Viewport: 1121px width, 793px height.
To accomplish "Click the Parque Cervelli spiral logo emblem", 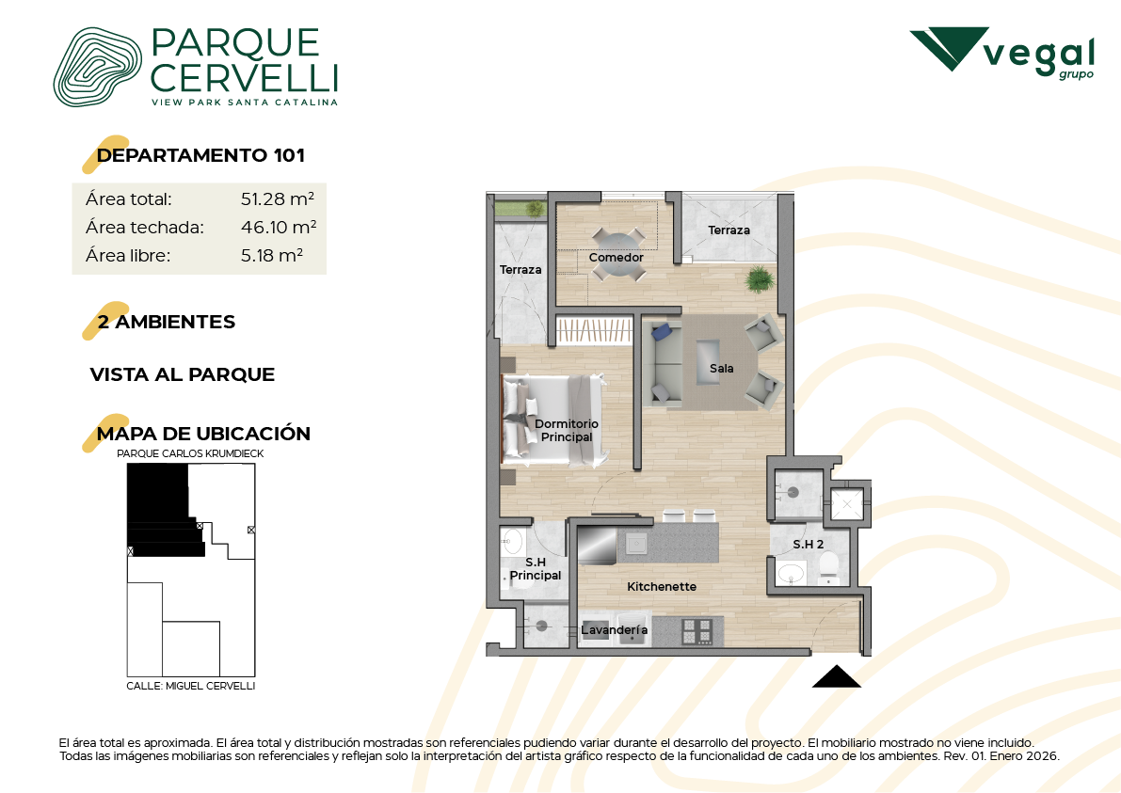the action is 97,67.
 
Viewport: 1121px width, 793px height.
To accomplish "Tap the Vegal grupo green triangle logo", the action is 950,49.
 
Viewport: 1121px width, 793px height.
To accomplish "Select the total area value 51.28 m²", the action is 278,198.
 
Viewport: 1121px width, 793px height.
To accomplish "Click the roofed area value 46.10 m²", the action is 278,228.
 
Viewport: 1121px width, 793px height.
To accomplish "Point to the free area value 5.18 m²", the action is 272,255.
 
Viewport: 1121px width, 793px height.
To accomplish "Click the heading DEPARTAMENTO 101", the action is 200,155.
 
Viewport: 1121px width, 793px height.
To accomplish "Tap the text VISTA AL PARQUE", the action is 183,374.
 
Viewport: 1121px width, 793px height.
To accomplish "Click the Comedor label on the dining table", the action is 617,257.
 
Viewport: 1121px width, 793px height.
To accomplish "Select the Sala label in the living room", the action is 721,368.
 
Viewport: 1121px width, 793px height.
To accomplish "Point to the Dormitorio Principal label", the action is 567,430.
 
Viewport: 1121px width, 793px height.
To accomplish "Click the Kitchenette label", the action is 662,587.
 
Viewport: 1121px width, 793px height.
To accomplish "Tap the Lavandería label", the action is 614,629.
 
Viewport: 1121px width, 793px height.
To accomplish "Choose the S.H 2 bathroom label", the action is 808,545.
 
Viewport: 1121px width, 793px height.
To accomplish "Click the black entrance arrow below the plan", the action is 837,676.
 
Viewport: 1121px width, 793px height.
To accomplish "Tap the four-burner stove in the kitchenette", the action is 697,631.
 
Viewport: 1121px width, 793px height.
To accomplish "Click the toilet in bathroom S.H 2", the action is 828,569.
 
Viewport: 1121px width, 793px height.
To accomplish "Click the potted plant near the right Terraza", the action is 759,279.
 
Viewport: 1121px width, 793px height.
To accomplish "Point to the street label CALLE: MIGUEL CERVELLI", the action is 191,686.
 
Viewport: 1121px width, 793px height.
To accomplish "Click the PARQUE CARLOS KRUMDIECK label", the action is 190,453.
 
